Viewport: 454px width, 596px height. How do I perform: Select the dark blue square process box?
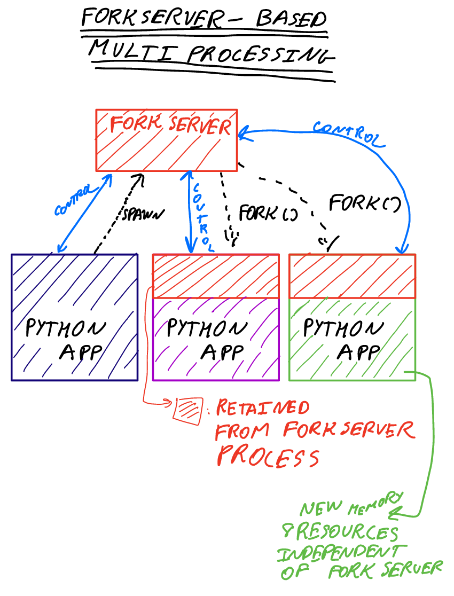(x=74, y=317)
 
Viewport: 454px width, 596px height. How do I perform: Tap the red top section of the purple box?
(x=216, y=276)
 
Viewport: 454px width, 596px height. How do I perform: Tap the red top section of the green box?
(x=352, y=276)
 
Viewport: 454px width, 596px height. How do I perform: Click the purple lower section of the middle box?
(x=216, y=339)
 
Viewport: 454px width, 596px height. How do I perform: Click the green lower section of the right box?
(x=352, y=339)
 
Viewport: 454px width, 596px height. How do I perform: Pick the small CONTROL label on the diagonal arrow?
(x=73, y=202)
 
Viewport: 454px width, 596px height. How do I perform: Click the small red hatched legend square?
(x=189, y=410)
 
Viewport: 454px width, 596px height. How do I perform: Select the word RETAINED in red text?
(x=262, y=409)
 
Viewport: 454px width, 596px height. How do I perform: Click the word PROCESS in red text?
(x=268, y=457)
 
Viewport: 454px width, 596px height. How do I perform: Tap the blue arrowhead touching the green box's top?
(x=402, y=248)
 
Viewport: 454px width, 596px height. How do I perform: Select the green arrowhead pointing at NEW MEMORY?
(x=395, y=514)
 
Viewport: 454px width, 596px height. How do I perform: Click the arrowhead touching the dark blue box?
(x=60, y=247)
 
